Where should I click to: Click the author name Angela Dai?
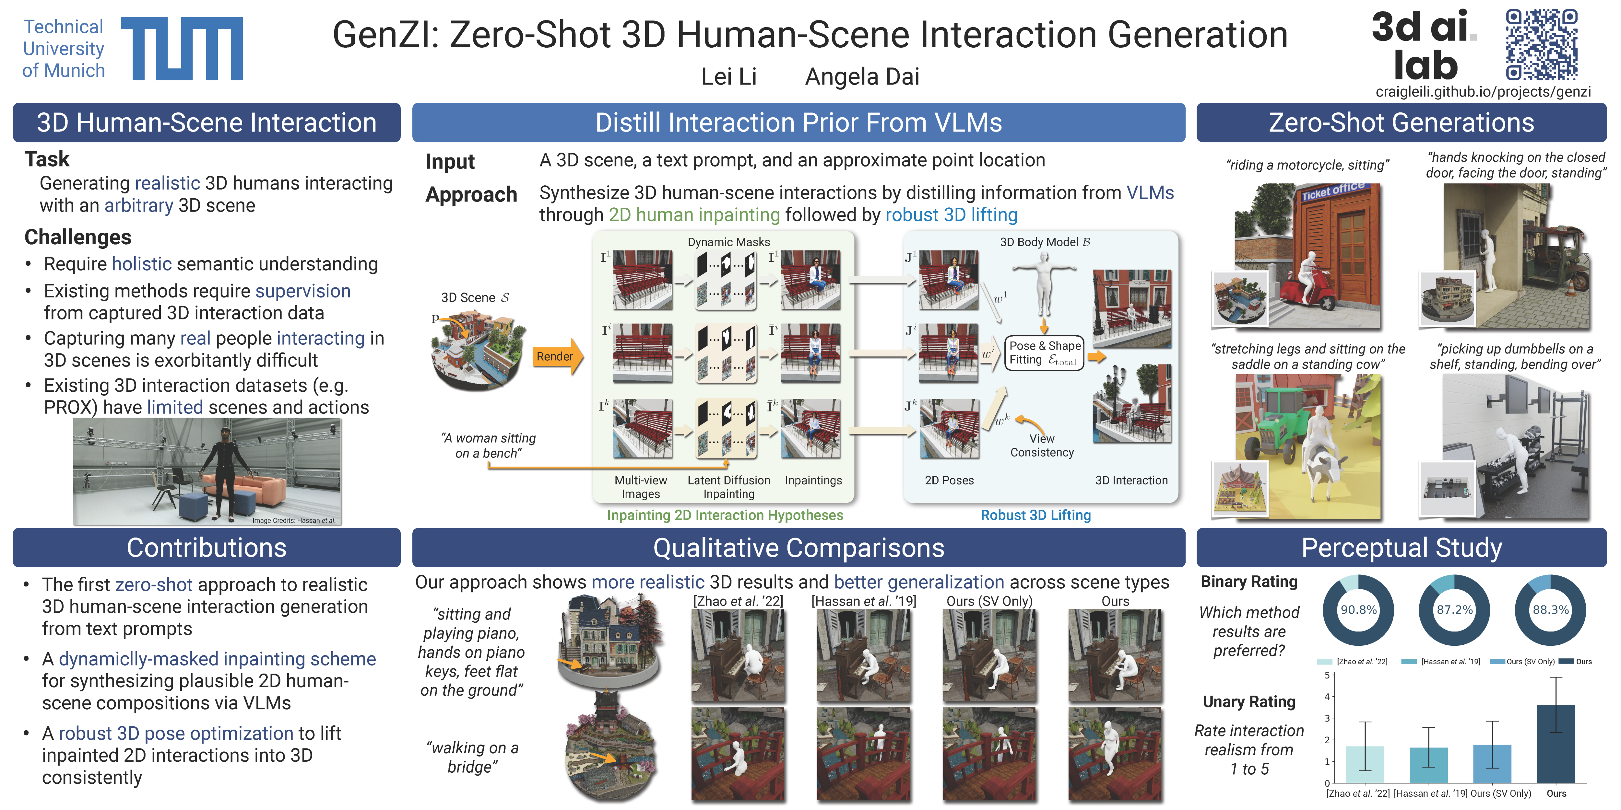click(862, 77)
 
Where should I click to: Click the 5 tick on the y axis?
click(1327, 676)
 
